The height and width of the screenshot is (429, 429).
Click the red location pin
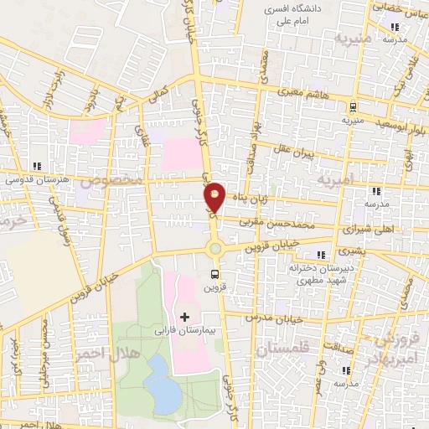(x=215, y=198)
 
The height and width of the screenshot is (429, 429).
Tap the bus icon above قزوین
(x=216, y=273)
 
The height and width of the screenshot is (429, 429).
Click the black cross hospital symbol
(x=185, y=316)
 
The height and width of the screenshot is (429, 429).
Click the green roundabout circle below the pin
(x=215, y=247)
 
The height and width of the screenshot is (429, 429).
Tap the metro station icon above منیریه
(x=354, y=106)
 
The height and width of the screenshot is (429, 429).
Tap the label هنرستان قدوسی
(x=34, y=179)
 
